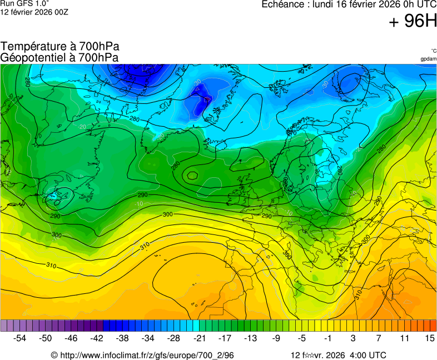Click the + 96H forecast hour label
pos(413,22)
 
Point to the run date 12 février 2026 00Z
pos(34,12)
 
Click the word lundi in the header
pos(328,4)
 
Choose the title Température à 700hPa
pos(60,47)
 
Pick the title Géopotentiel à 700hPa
pos(59,57)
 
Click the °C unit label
pos(433,51)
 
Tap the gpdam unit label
pos(428,58)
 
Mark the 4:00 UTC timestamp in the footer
pos(367,355)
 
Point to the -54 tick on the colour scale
pos(20,338)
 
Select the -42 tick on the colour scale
pos(97,338)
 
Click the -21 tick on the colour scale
pos(200,338)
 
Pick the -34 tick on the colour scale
pos(148,338)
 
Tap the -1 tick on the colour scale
pos(327,338)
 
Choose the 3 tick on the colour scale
pos(354,338)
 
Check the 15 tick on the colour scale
pos(429,338)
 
